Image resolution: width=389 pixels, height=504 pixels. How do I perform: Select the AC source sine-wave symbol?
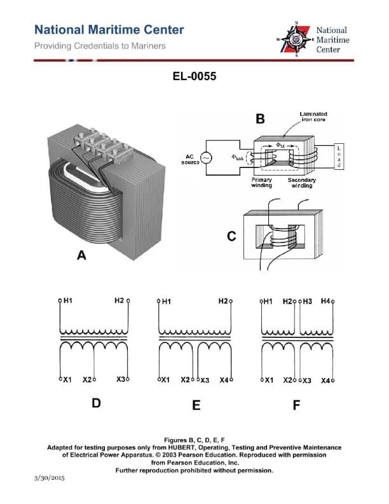click(x=207, y=158)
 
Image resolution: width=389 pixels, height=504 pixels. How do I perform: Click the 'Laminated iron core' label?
click(x=313, y=116)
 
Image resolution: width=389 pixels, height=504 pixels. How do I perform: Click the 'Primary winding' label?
click(x=261, y=183)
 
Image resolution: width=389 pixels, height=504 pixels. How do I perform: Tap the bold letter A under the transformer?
click(x=81, y=255)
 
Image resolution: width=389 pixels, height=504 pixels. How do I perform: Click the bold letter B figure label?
click(x=260, y=119)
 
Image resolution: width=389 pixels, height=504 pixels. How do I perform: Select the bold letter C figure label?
click(x=231, y=237)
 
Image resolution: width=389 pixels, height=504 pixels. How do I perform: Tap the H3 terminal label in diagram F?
click(x=308, y=300)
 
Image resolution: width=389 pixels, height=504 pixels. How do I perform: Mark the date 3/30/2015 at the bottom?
click(x=50, y=477)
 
